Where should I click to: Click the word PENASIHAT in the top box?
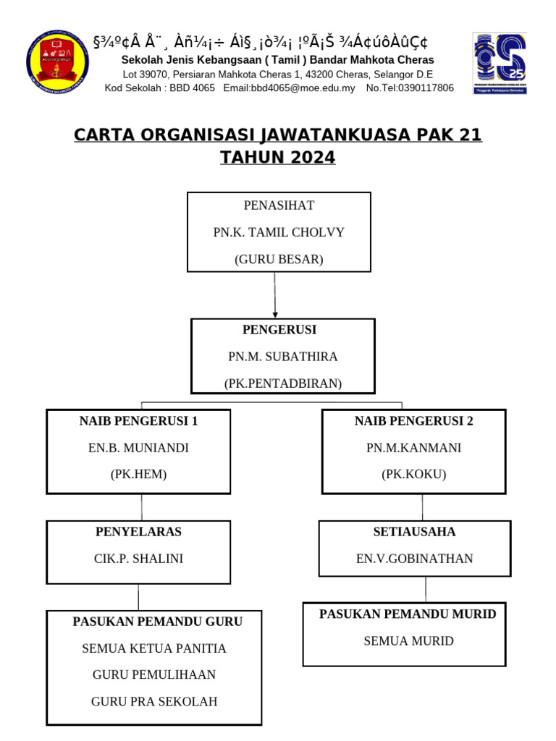pos(279,206)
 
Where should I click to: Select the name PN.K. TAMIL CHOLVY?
pos(279,232)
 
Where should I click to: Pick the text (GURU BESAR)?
pos(279,259)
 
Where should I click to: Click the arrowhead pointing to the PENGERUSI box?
pos(275,315)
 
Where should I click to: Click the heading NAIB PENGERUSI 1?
pos(138,421)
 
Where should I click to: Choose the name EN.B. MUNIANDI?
pos(138,448)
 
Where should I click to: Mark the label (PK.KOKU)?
pos(414,475)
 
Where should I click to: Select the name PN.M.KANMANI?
pos(414,448)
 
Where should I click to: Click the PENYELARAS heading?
pos(138,532)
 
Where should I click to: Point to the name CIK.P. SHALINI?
pos(138,559)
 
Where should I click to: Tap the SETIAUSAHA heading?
pos(414,532)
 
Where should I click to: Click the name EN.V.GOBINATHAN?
pos(414,559)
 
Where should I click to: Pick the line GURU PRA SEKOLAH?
pos(154,701)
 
